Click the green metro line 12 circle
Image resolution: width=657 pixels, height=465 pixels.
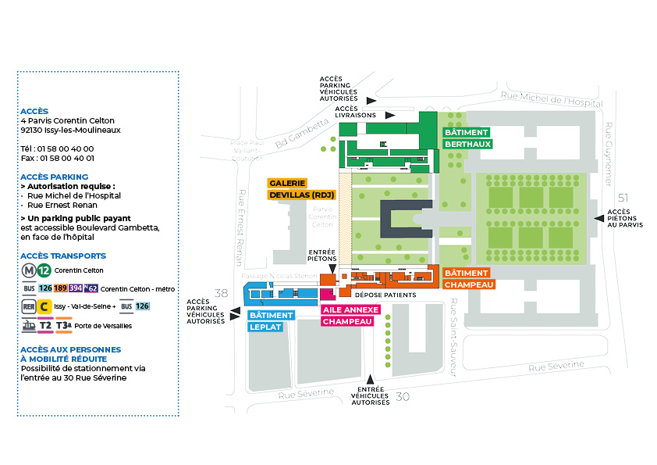click(x=44, y=270)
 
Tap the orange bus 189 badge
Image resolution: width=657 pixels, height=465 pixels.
click(x=60, y=288)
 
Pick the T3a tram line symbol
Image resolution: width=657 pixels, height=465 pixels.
click(x=65, y=325)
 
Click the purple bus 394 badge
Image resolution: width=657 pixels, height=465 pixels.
click(x=75, y=288)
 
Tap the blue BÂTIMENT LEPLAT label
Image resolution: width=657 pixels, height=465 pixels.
click(x=271, y=321)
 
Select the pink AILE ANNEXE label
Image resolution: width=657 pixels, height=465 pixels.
click(x=350, y=309)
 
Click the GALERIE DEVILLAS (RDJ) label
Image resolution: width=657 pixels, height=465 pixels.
click(x=301, y=188)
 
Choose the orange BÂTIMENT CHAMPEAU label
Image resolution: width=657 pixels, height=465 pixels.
click(x=466, y=279)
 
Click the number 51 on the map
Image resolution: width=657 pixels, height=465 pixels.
click(x=622, y=197)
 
